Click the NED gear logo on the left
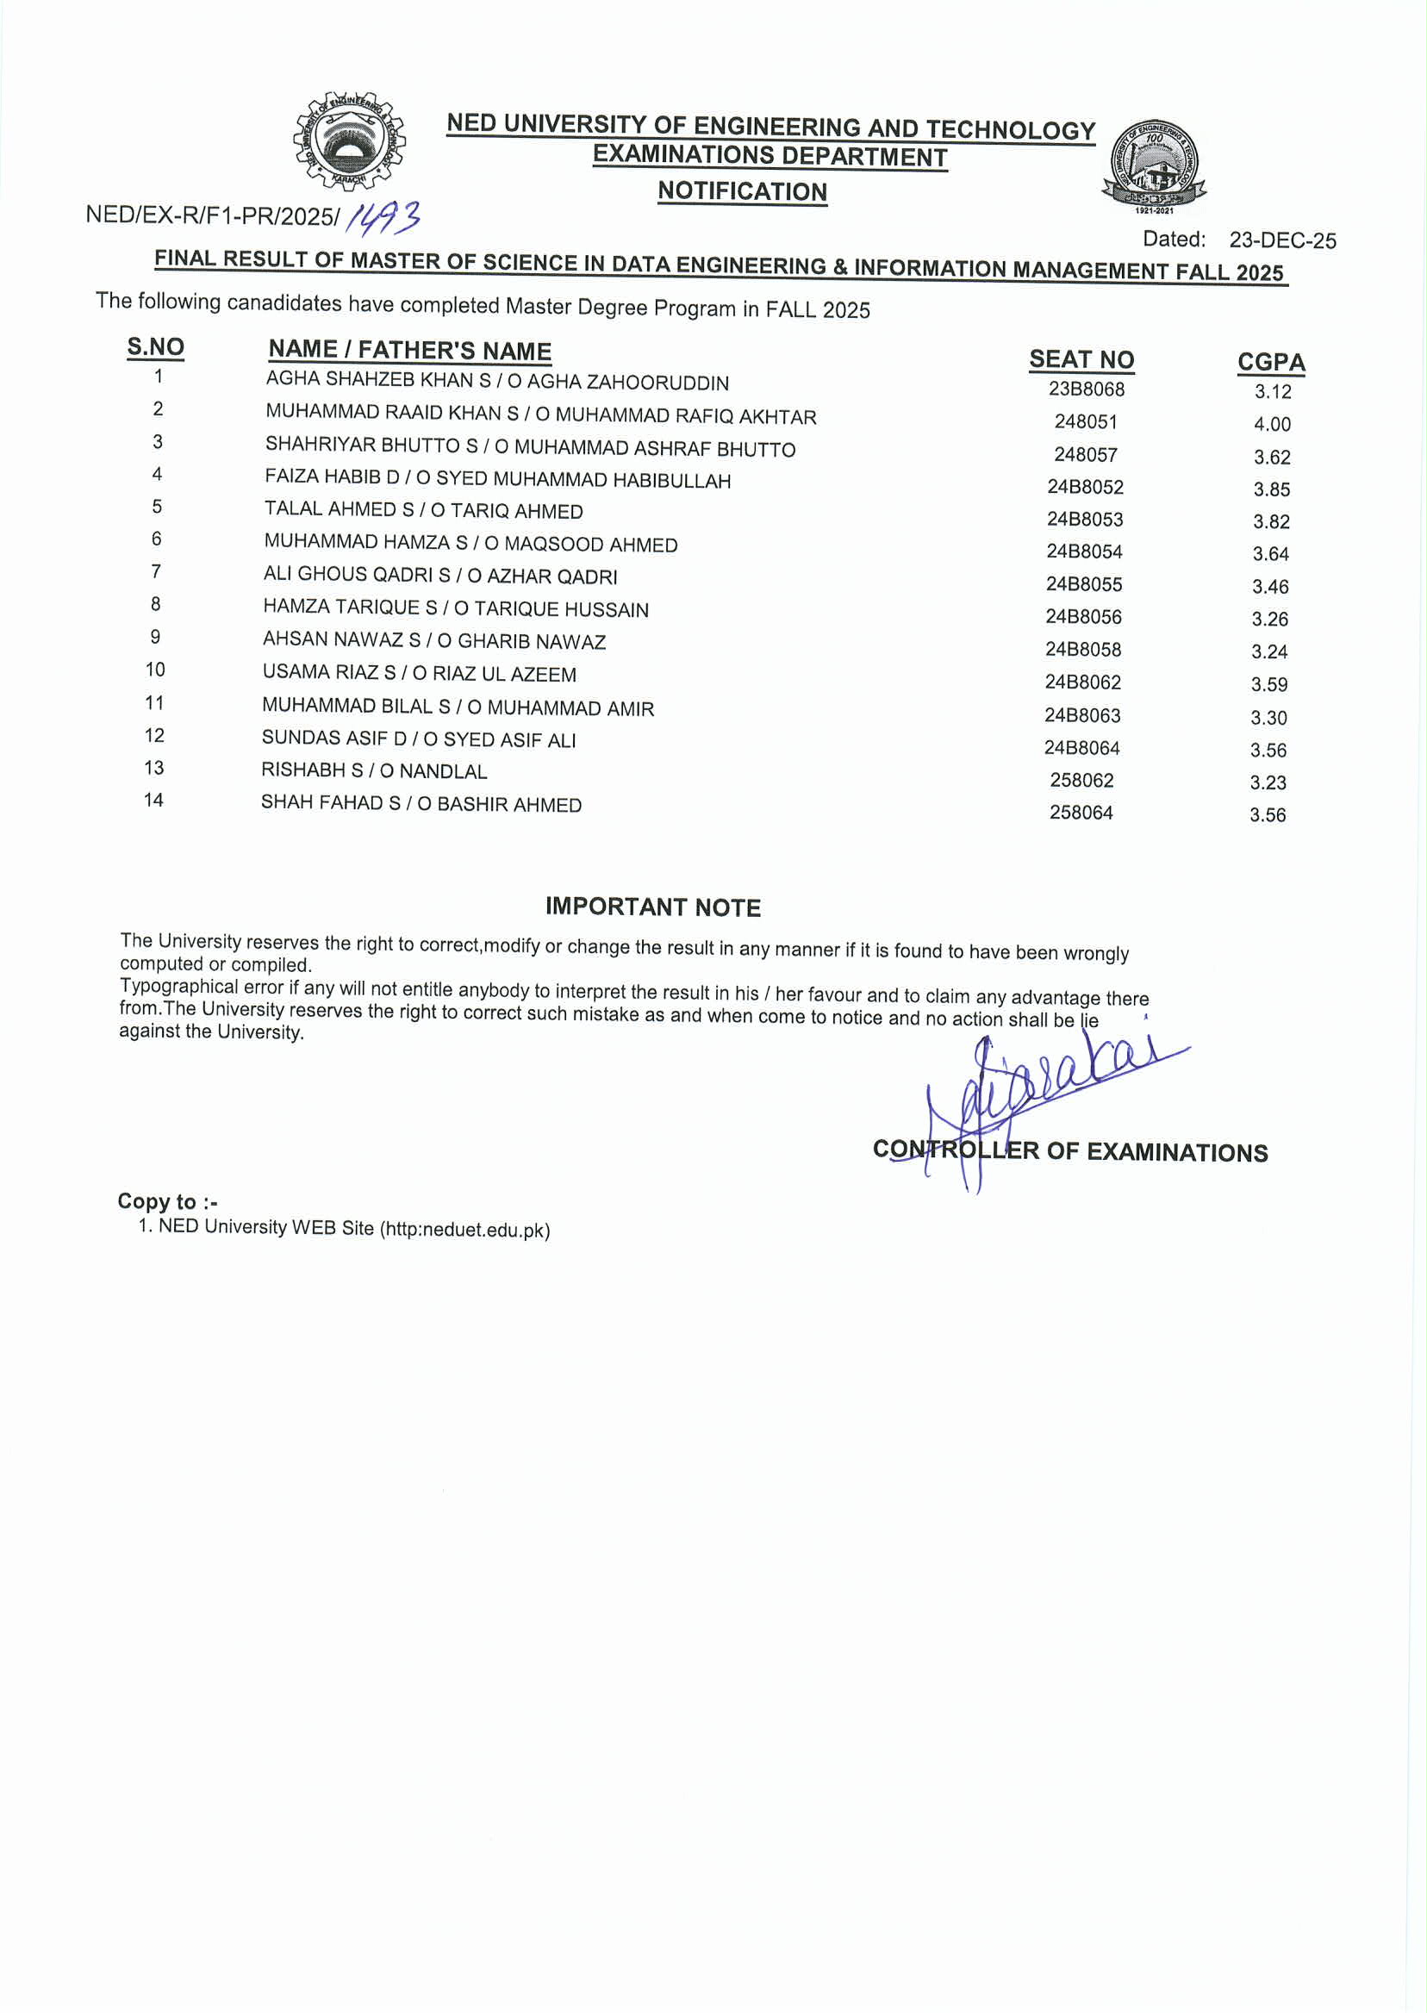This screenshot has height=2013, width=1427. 349,140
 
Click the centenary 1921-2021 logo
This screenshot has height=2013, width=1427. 1154,165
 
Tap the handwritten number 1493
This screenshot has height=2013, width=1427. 383,218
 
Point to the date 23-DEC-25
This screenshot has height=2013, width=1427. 1282,240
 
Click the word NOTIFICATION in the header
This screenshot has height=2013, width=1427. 743,191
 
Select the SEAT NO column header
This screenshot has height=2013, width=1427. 1081,359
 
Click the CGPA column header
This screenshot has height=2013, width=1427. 1270,362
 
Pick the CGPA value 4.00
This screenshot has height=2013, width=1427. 1272,424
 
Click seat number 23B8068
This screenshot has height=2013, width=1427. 1086,390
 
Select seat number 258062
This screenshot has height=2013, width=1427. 1081,780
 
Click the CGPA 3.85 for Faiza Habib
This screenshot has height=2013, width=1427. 1272,489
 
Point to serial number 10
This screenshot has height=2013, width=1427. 155,670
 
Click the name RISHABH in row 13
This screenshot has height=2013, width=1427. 303,770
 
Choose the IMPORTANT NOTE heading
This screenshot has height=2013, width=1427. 653,907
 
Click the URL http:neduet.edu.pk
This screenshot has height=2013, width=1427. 464,1229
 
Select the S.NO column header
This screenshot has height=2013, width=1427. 155,347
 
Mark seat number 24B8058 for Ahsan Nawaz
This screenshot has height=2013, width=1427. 1082,650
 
